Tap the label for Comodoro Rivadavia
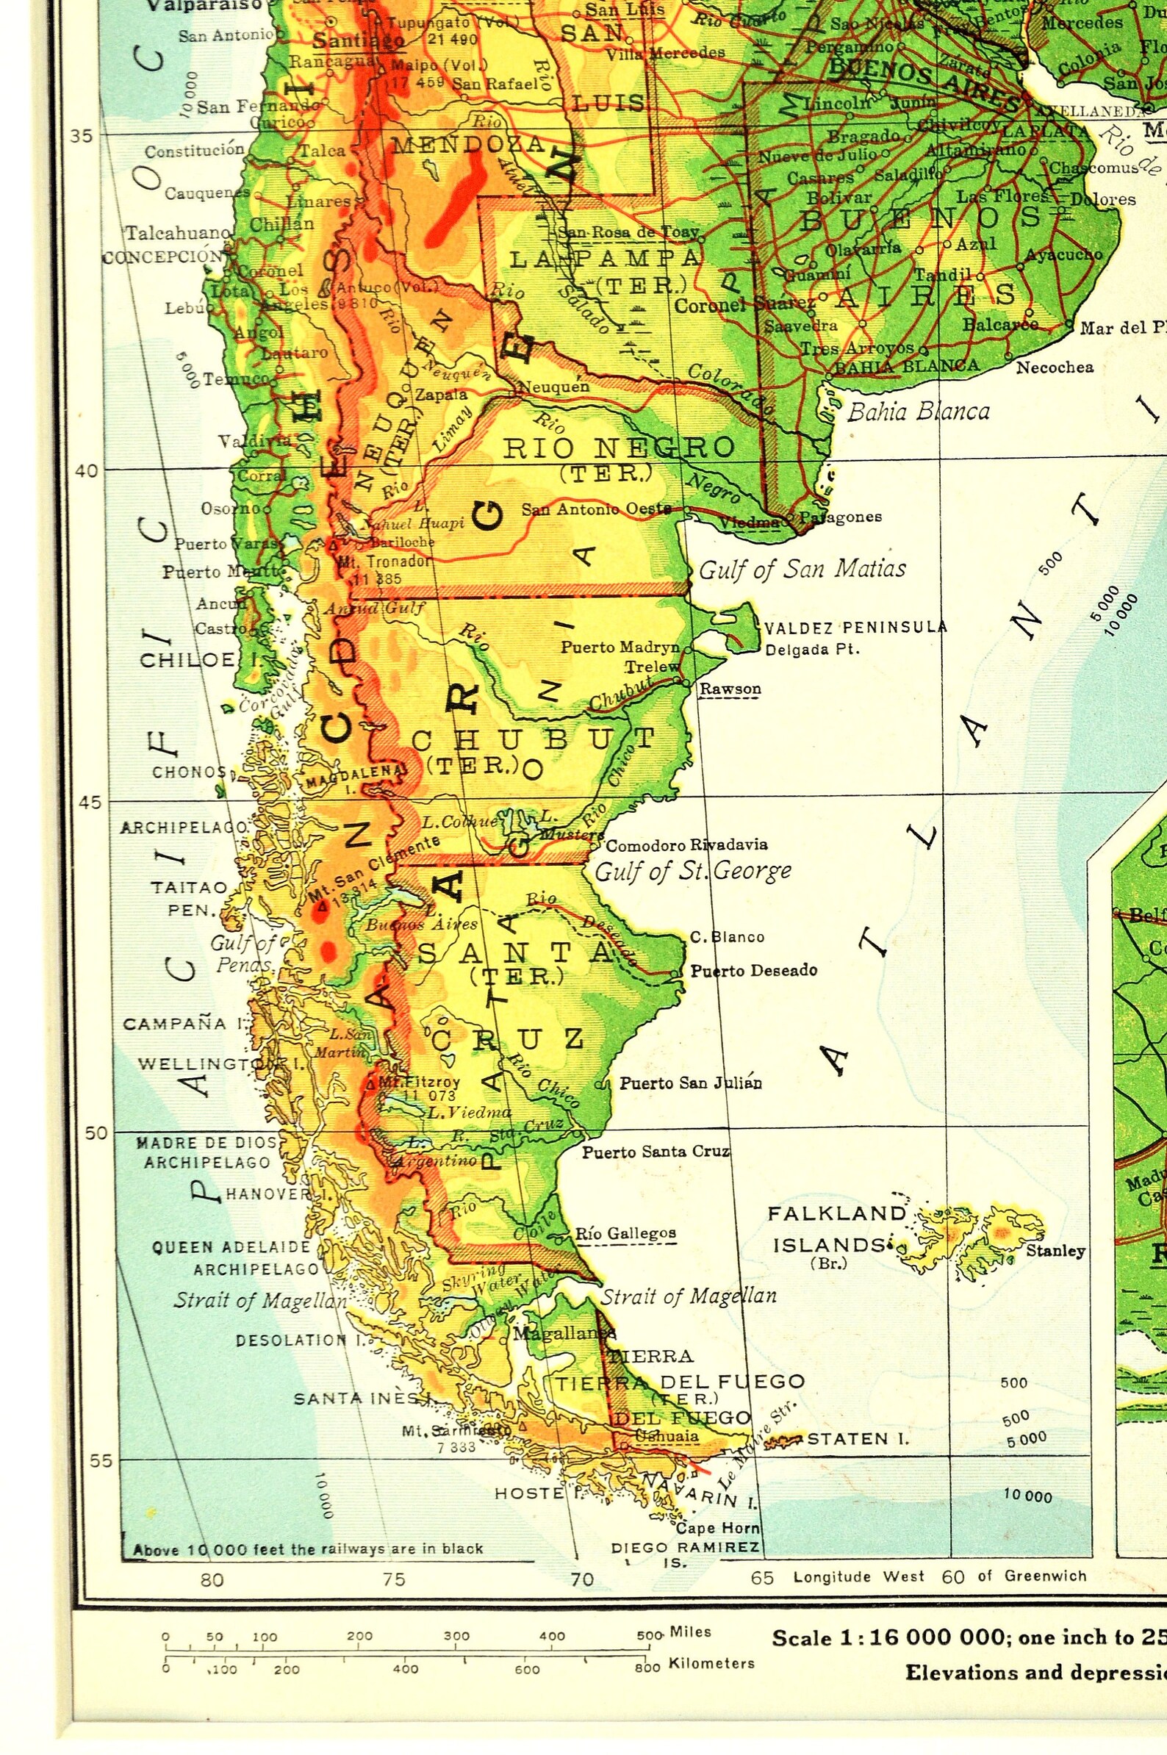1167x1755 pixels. coord(686,844)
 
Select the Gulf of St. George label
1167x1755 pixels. coord(693,870)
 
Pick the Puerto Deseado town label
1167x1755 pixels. coord(753,971)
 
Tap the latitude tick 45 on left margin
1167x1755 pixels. coord(90,803)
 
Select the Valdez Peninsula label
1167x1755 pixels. coord(855,628)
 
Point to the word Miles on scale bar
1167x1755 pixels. coord(690,1632)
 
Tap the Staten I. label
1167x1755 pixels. coord(858,1439)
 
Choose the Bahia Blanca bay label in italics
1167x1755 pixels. coord(919,412)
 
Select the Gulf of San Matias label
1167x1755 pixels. coord(802,570)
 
